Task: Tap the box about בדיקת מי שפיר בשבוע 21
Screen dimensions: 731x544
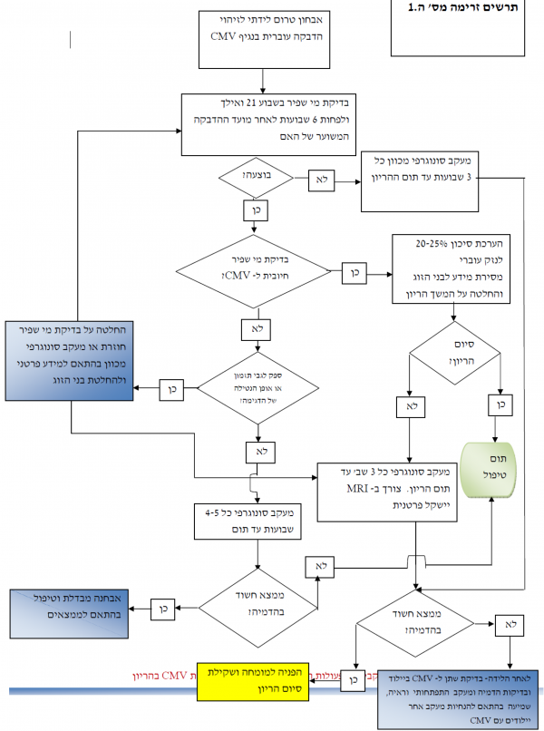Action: (263, 117)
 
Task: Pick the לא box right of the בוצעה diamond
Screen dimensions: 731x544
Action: (321, 179)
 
